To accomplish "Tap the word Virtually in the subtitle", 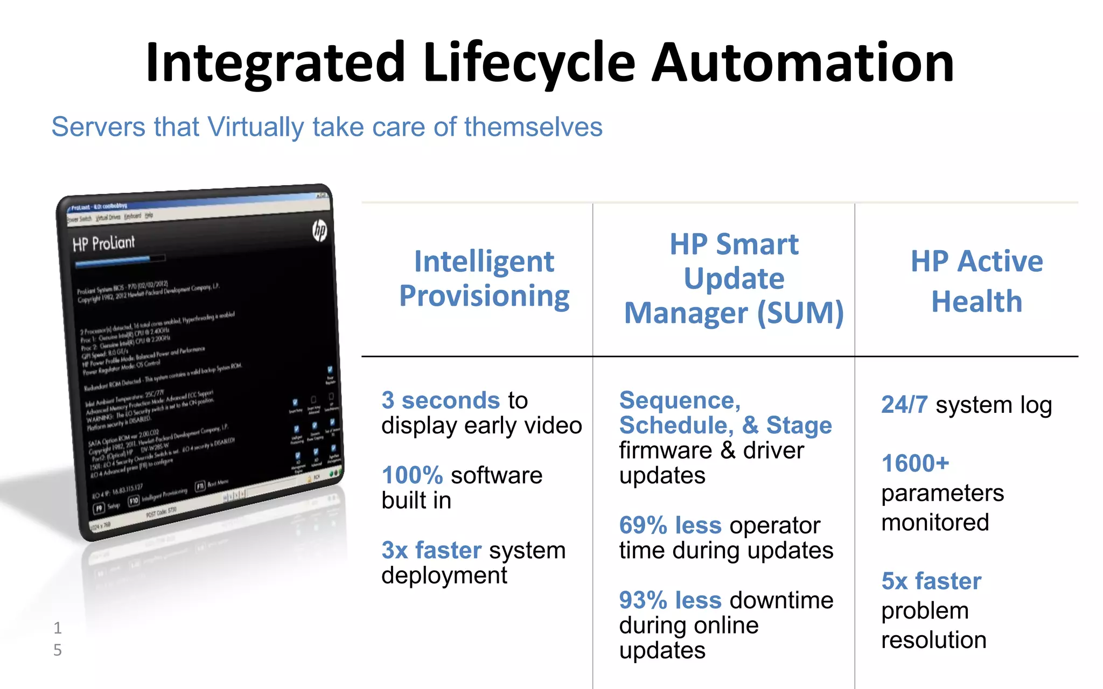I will tap(256, 128).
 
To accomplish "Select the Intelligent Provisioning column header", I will tap(484, 279).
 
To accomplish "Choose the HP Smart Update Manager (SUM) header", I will tap(734, 279).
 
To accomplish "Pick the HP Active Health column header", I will tap(976, 281).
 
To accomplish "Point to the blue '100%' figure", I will tap(412, 475).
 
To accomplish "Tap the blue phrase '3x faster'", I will tap(431, 550).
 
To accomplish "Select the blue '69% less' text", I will tap(670, 525).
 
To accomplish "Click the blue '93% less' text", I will tap(670, 600).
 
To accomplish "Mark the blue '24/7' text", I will tap(904, 405).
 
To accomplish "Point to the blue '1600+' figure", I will tap(915, 463).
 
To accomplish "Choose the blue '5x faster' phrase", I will tap(931, 581).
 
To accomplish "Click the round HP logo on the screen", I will tap(319, 230).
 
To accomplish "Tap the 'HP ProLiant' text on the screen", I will tap(104, 244).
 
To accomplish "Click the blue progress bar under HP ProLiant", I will tap(113, 262).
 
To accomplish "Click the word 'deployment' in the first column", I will tap(444, 576).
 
